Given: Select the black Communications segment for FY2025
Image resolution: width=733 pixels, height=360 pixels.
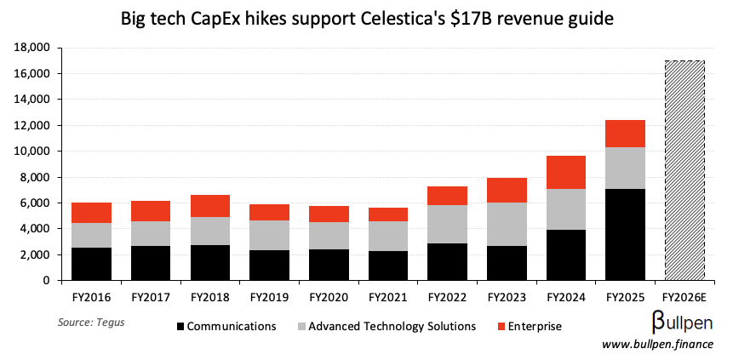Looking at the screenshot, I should tap(626, 234).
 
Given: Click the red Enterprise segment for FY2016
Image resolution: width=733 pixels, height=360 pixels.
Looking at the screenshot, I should tap(91, 213).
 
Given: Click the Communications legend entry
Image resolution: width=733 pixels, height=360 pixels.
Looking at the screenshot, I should tap(226, 326).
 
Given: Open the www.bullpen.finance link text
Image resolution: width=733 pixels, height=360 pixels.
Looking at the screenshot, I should tap(657, 344).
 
